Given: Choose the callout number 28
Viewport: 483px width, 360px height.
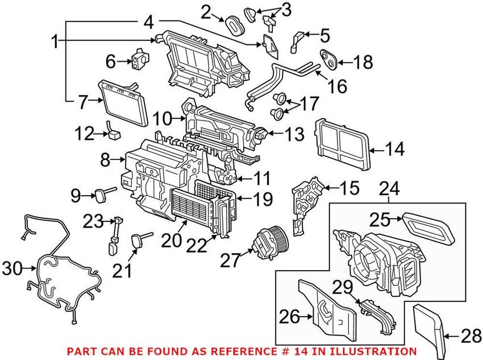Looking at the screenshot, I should pyautogui.click(x=469, y=337).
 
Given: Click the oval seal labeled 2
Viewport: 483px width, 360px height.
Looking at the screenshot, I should pyautogui.click(x=234, y=24).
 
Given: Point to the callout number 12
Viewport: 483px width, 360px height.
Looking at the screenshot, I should pyautogui.click(x=85, y=135).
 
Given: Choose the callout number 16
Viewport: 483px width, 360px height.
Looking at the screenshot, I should pyautogui.click(x=335, y=86).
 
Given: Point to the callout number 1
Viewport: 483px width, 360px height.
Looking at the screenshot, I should pyautogui.click(x=55, y=42).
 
